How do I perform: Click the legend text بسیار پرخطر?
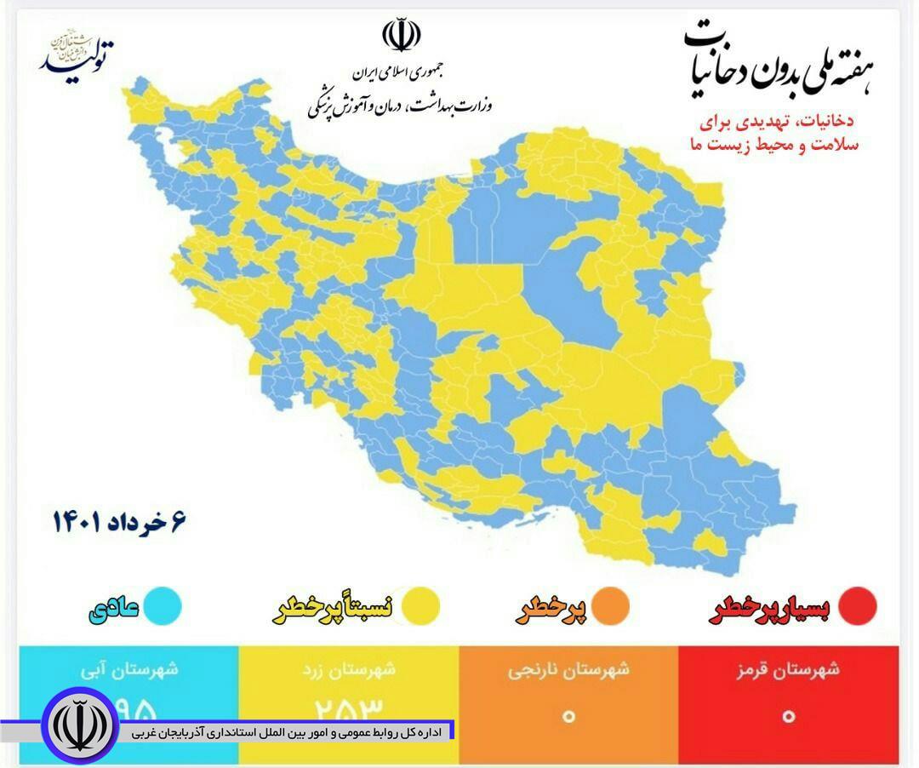770,610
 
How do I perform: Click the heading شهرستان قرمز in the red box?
788,669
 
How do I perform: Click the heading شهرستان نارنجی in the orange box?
568,669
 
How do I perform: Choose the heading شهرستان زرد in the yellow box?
349,669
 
